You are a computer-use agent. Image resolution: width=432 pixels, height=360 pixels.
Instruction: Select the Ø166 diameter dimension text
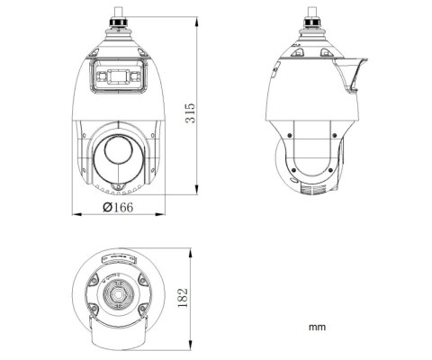coord(119,208)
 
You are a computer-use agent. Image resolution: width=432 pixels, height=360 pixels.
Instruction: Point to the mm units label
coord(316,328)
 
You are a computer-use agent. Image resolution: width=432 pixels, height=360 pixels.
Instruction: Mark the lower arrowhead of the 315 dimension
coord(199,190)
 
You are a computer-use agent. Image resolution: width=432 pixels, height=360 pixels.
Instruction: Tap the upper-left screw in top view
coord(94,280)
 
